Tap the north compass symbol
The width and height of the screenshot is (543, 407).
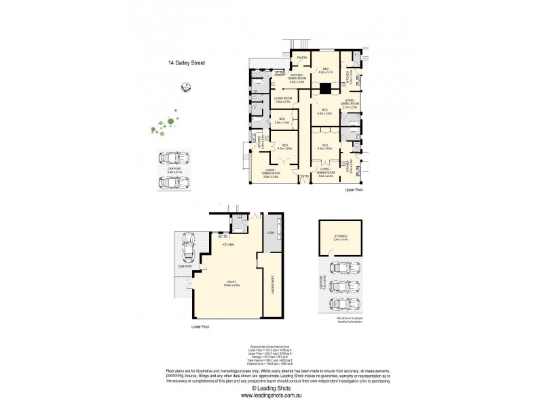(185, 85)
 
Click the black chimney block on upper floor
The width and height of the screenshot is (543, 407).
(325, 88)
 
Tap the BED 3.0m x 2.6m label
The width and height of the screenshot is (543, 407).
(281, 121)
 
